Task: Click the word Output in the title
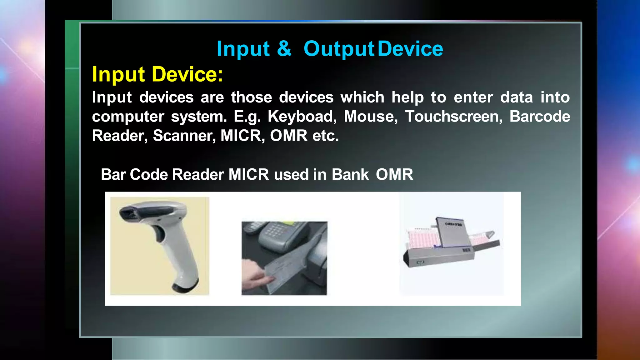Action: (x=339, y=49)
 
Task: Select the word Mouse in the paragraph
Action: (x=371, y=117)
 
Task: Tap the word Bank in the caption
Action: (x=350, y=174)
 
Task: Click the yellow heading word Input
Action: (x=118, y=75)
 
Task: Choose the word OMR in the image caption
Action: (x=394, y=174)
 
